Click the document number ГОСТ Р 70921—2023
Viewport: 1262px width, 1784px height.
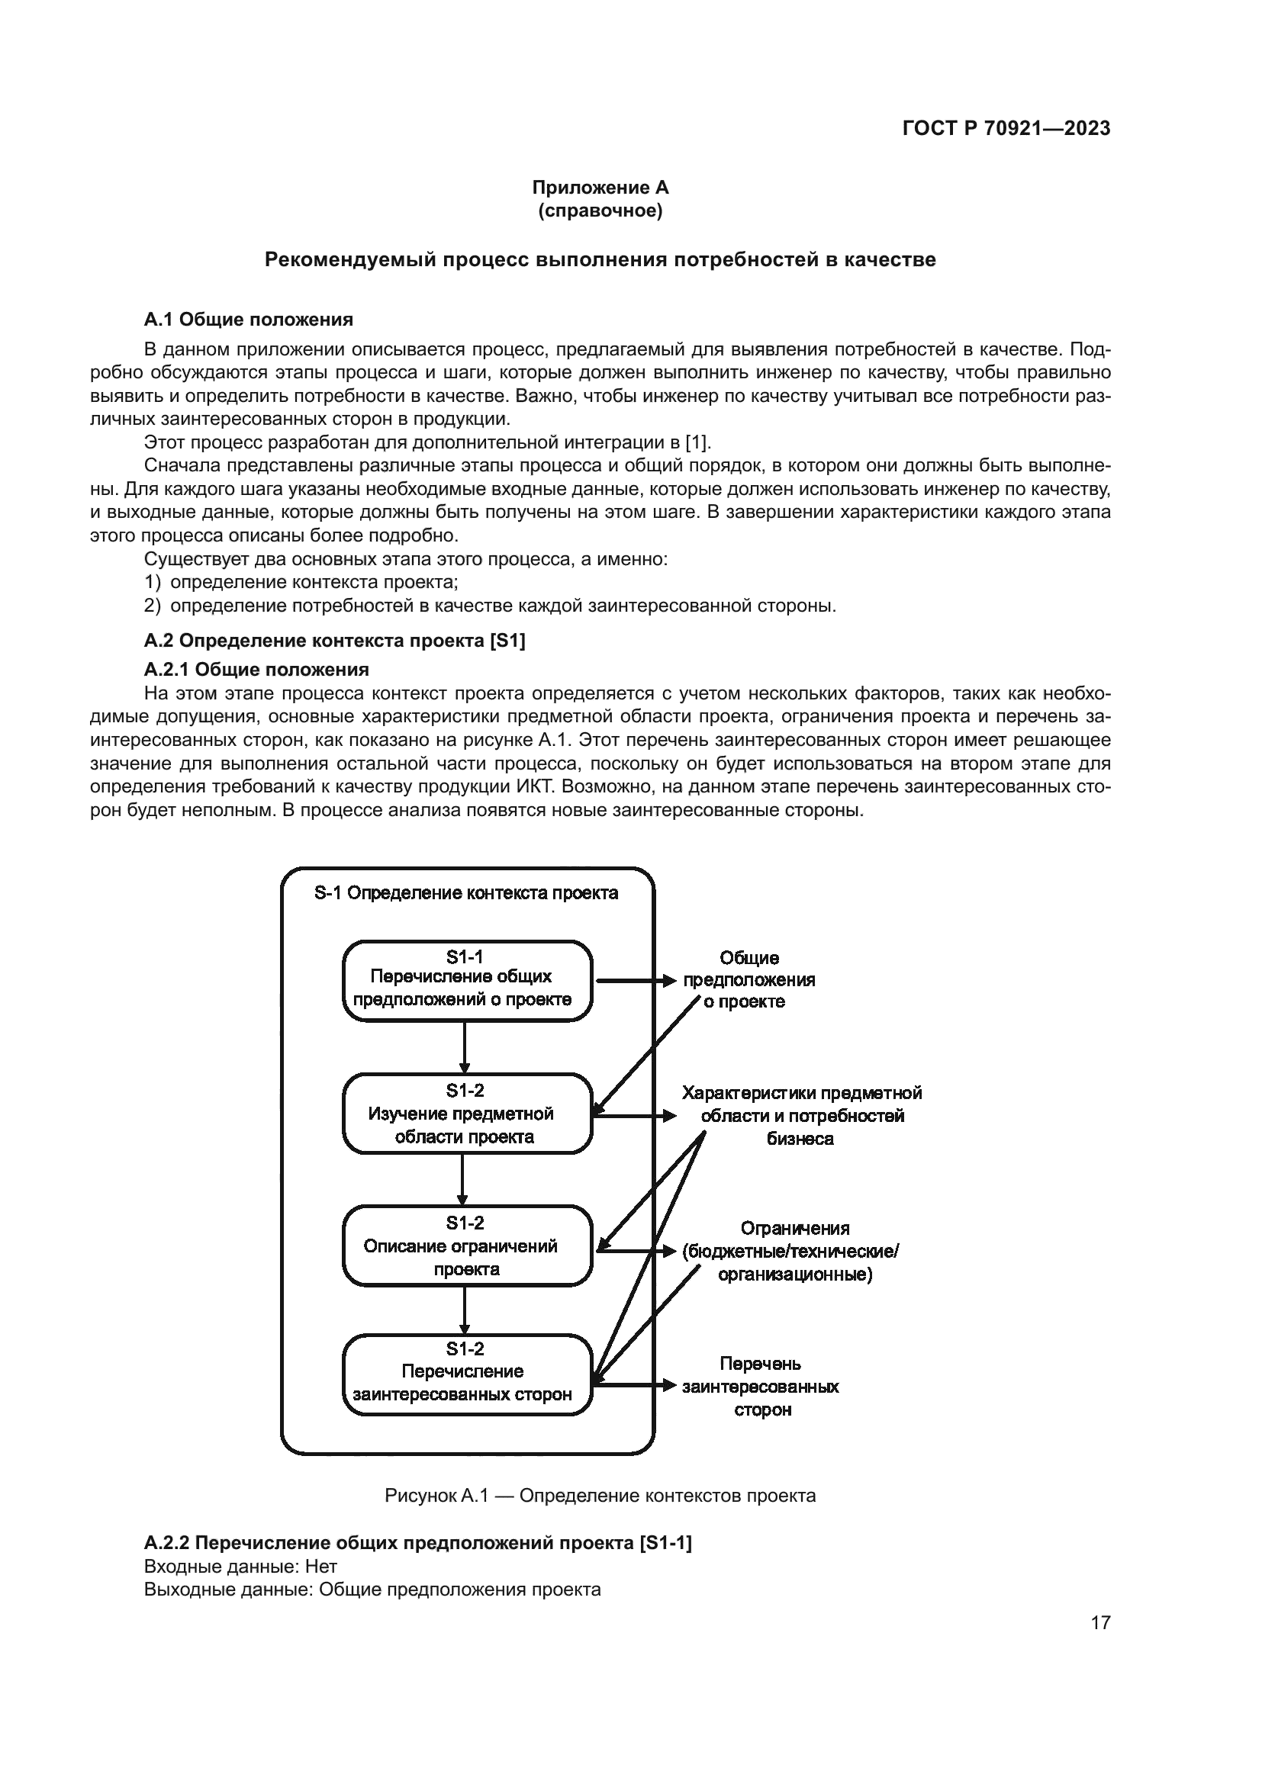point(1006,129)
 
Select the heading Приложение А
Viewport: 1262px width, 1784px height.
point(599,188)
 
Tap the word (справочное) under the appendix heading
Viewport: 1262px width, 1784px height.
point(599,211)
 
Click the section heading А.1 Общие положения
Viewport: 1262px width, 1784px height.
point(248,320)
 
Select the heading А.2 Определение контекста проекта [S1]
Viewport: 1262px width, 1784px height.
point(334,640)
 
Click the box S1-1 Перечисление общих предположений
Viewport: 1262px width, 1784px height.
point(467,981)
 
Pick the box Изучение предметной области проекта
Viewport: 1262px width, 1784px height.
point(467,1114)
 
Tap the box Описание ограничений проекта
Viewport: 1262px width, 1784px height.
point(467,1246)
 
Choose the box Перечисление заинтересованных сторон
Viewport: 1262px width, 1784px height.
point(467,1374)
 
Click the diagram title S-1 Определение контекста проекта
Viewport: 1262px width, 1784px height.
point(466,893)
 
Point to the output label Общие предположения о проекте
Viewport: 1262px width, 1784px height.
point(749,980)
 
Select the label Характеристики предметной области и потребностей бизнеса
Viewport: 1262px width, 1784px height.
point(801,1116)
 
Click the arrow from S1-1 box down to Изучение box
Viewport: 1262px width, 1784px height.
point(464,1047)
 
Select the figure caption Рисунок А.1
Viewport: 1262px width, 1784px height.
point(599,1496)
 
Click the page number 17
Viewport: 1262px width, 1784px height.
point(1100,1622)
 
